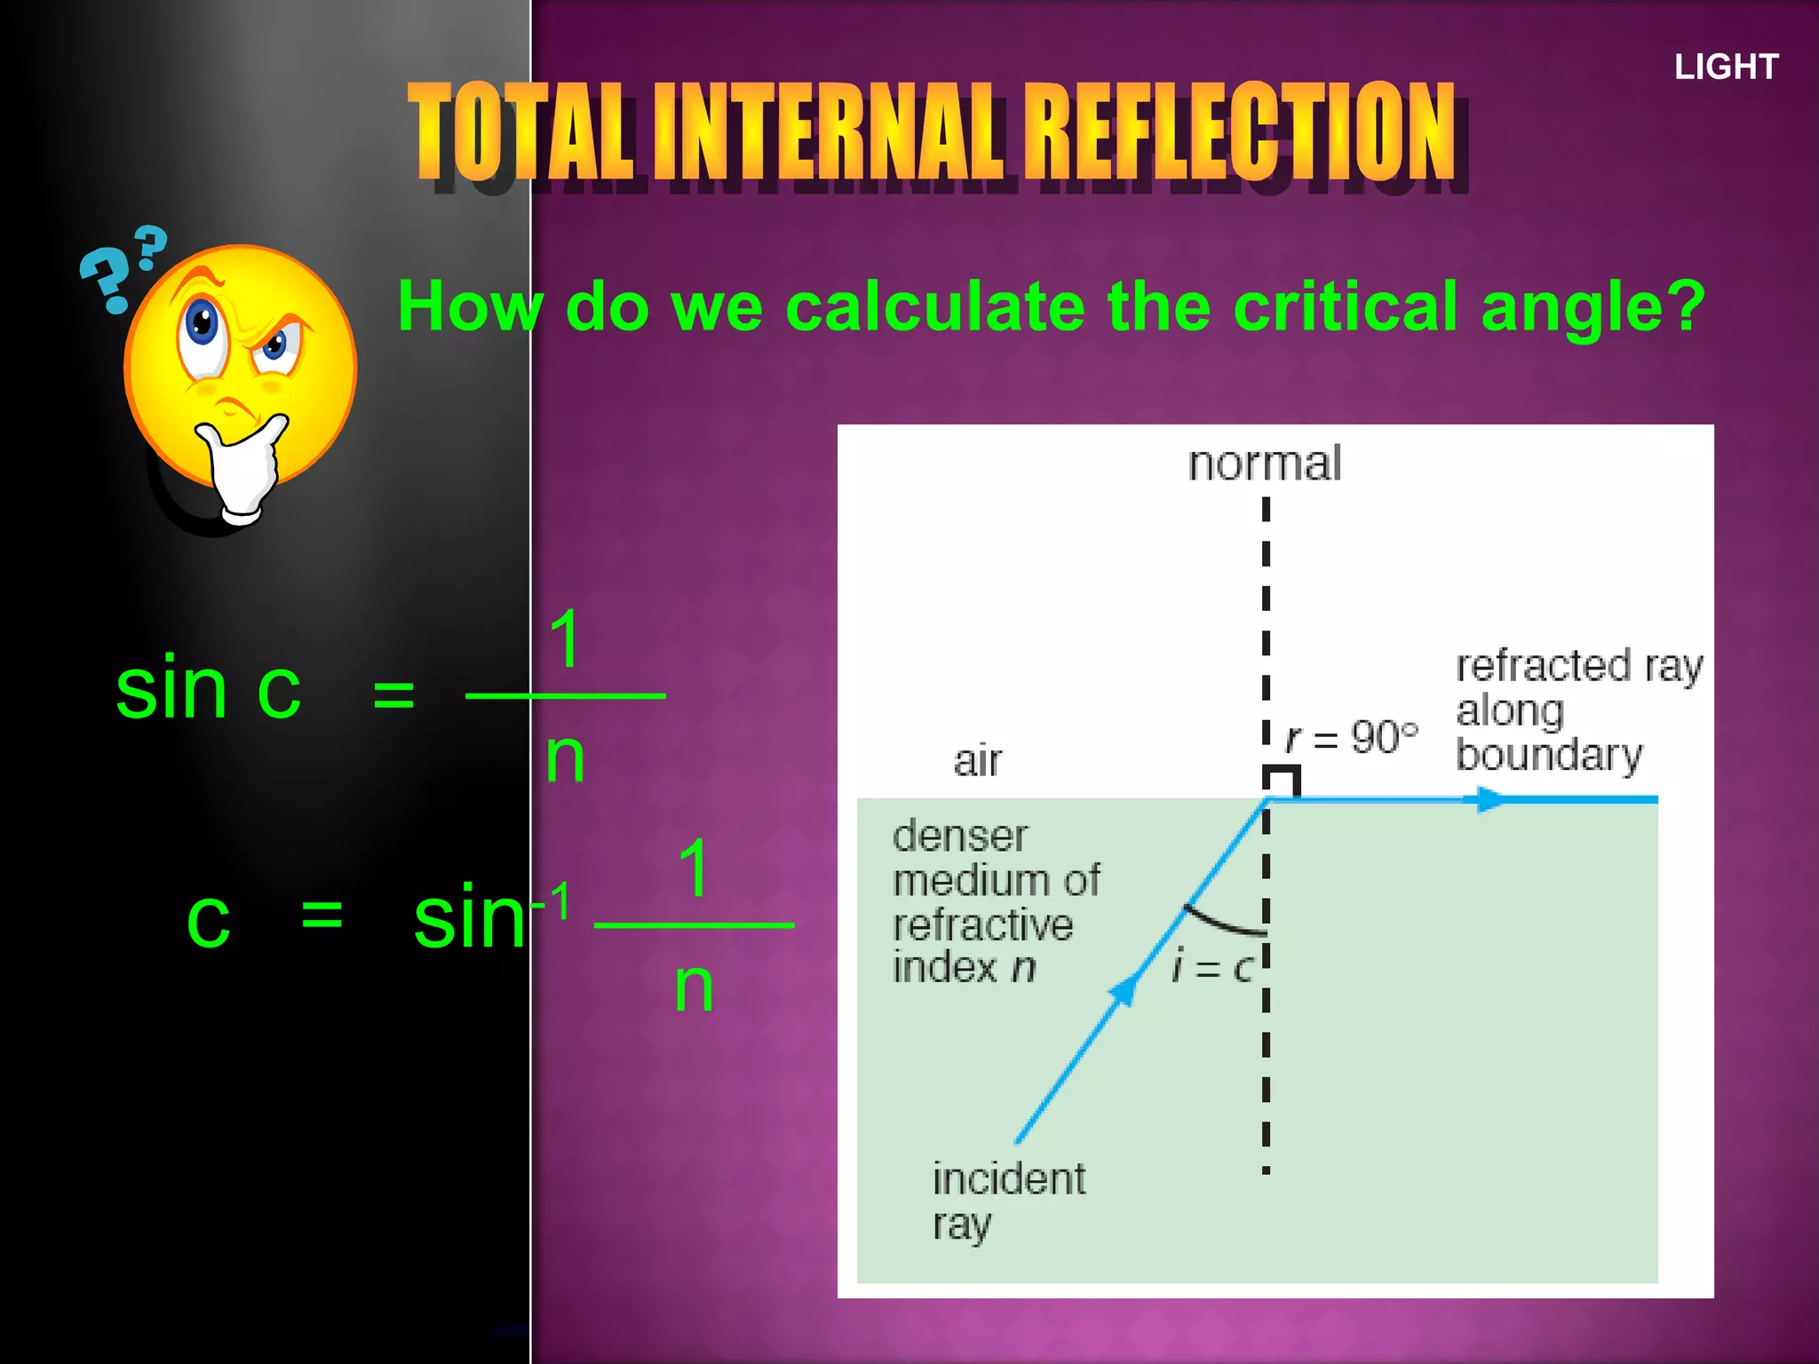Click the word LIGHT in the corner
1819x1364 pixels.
coord(1726,67)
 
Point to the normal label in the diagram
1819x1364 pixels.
coord(1265,464)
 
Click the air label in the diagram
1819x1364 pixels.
coord(977,761)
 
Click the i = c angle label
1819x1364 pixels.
coord(1211,966)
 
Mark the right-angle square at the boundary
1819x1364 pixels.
coord(1283,782)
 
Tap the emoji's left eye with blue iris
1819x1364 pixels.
coord(202,325)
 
